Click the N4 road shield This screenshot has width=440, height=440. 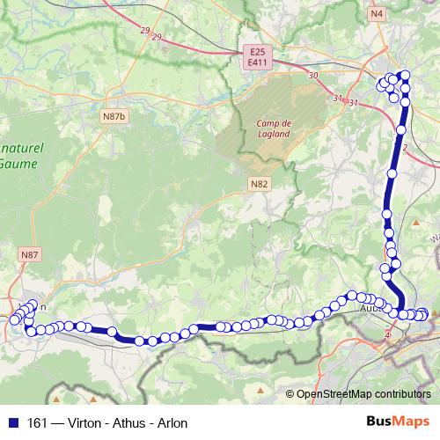[377, 13]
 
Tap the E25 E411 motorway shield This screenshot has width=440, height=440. [257, 57]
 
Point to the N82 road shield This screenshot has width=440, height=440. [258, 183]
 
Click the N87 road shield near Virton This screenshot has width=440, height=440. [30, 254]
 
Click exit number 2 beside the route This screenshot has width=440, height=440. [404, 148]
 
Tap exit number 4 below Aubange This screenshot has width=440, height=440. [387, 335]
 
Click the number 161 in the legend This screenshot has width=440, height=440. [38, 423]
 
